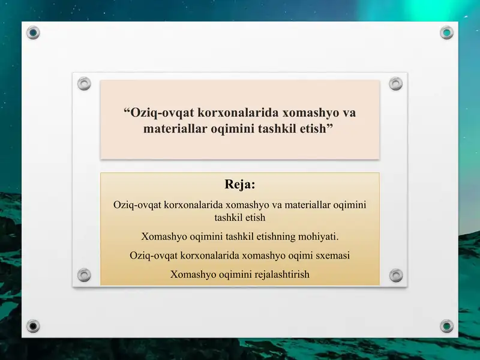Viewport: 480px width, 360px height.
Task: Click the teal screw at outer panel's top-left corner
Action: pos(34,32)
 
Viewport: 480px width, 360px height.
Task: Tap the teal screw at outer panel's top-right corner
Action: pos(446,32)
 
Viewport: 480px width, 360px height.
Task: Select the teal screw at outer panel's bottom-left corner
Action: pos(34,326)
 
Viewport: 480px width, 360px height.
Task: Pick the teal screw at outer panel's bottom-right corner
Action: pos(446,326)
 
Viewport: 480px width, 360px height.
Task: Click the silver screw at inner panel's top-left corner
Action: pos(84,83)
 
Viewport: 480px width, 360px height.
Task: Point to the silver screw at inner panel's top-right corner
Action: pos(395,83)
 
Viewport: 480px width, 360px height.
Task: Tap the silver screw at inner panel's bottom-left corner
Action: pos(84,275)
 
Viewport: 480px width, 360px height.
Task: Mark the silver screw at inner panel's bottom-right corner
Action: pos(395,275)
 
